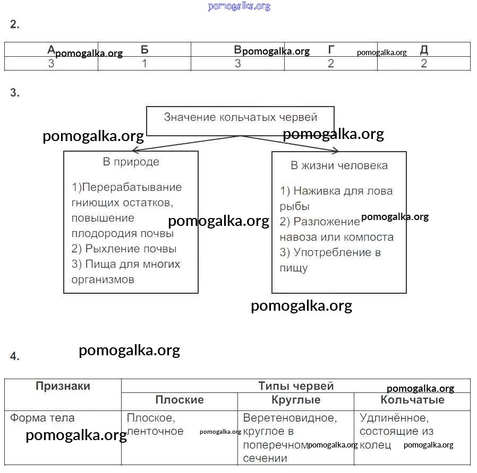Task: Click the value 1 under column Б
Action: point(144,64)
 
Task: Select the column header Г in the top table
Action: point(331,50)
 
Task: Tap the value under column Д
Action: point(424,64)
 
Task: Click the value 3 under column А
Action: point(52,64)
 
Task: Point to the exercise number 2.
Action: point(14,24)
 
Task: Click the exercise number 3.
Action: point(14,93)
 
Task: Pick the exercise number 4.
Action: point(14,356)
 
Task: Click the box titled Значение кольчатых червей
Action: point(240,118)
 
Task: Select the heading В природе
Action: point(131,162)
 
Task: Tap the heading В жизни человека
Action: point(339,165)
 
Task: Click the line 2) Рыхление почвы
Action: point(124,249)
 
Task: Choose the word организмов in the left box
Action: point(103,279)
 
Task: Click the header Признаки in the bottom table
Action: point(63,386)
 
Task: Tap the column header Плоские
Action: point(179,400)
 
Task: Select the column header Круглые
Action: point(295,400)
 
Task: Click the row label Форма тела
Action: point(42,418)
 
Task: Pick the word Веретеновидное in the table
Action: point(289,418)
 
